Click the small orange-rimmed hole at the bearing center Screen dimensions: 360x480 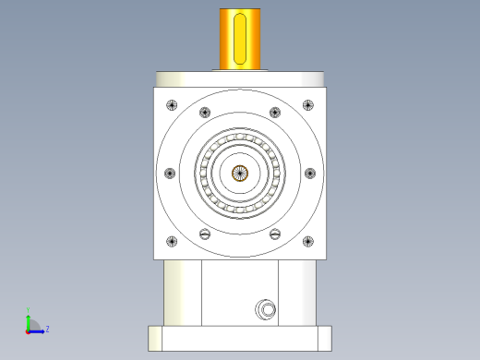pyautogui.click(x=240, y=173)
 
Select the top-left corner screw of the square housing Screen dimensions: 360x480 pyautogui.click(x=171, y=103)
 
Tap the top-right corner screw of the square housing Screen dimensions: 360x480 pyautogui.click(x=308, y=103)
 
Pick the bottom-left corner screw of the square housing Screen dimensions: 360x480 pyautogui.click(x=171, y=242)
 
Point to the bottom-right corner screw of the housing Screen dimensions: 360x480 pyautogui.click(x=308, y=242)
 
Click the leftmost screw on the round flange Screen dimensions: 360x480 pyautogui.click(x=169, y=173)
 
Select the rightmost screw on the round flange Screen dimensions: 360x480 pyautogui.click(x=310, y=173)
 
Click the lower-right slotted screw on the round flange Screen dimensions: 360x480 pyautogui.click(x=275, y=234)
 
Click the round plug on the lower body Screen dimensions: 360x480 pyautogui.click(x=266, y=308)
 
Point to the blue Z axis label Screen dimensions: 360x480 pyautogui.click(x=47, y=328)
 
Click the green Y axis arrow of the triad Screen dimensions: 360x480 pyautogui.click(x=29, y=319)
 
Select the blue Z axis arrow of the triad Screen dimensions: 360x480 pyautogui.click(x=39, y=330)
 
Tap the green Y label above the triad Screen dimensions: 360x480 pyautogui.click(x=29, y=310)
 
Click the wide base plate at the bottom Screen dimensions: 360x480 pyautogui.click(x=240, y=338)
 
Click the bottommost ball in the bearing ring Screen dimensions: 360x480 pyautogui.click(x=240, y=210)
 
